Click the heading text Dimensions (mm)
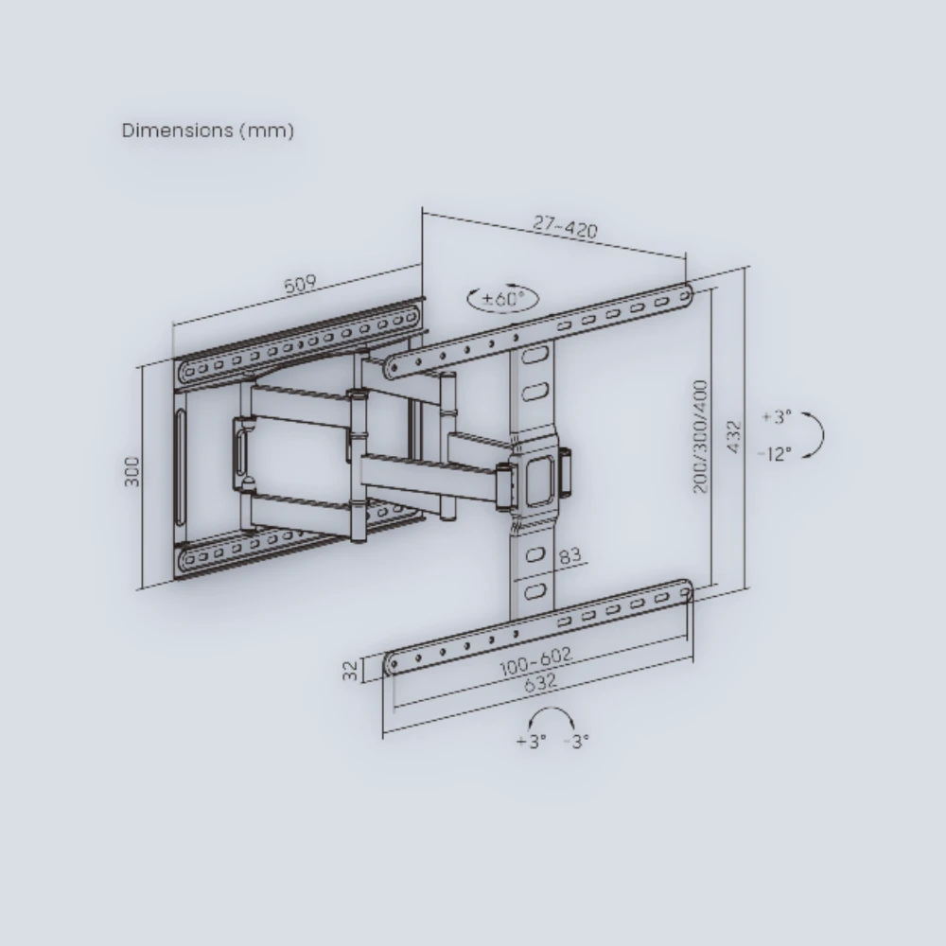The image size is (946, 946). pyautogui.click(x=208, y=131)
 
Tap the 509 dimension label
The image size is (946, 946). pyautogui.click(x=300, y=284)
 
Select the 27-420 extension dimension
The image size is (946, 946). pyautogui.click(x=566, y=226)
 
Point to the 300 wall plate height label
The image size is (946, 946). pyautogui.click(x=131, y=471)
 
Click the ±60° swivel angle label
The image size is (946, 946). pyautogui.click(x=503, y=298)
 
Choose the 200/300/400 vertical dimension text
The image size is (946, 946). pyautogui.click(x=700, y=436)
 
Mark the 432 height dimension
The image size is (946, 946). pyautogui.click(x=734, y=437)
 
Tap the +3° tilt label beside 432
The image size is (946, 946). pyautogui.click(x=777, y=416)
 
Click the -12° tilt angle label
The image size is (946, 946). pyautogui.click(x=774, y=454)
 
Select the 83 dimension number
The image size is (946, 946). pyautogui.click(x=569, y=555)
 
